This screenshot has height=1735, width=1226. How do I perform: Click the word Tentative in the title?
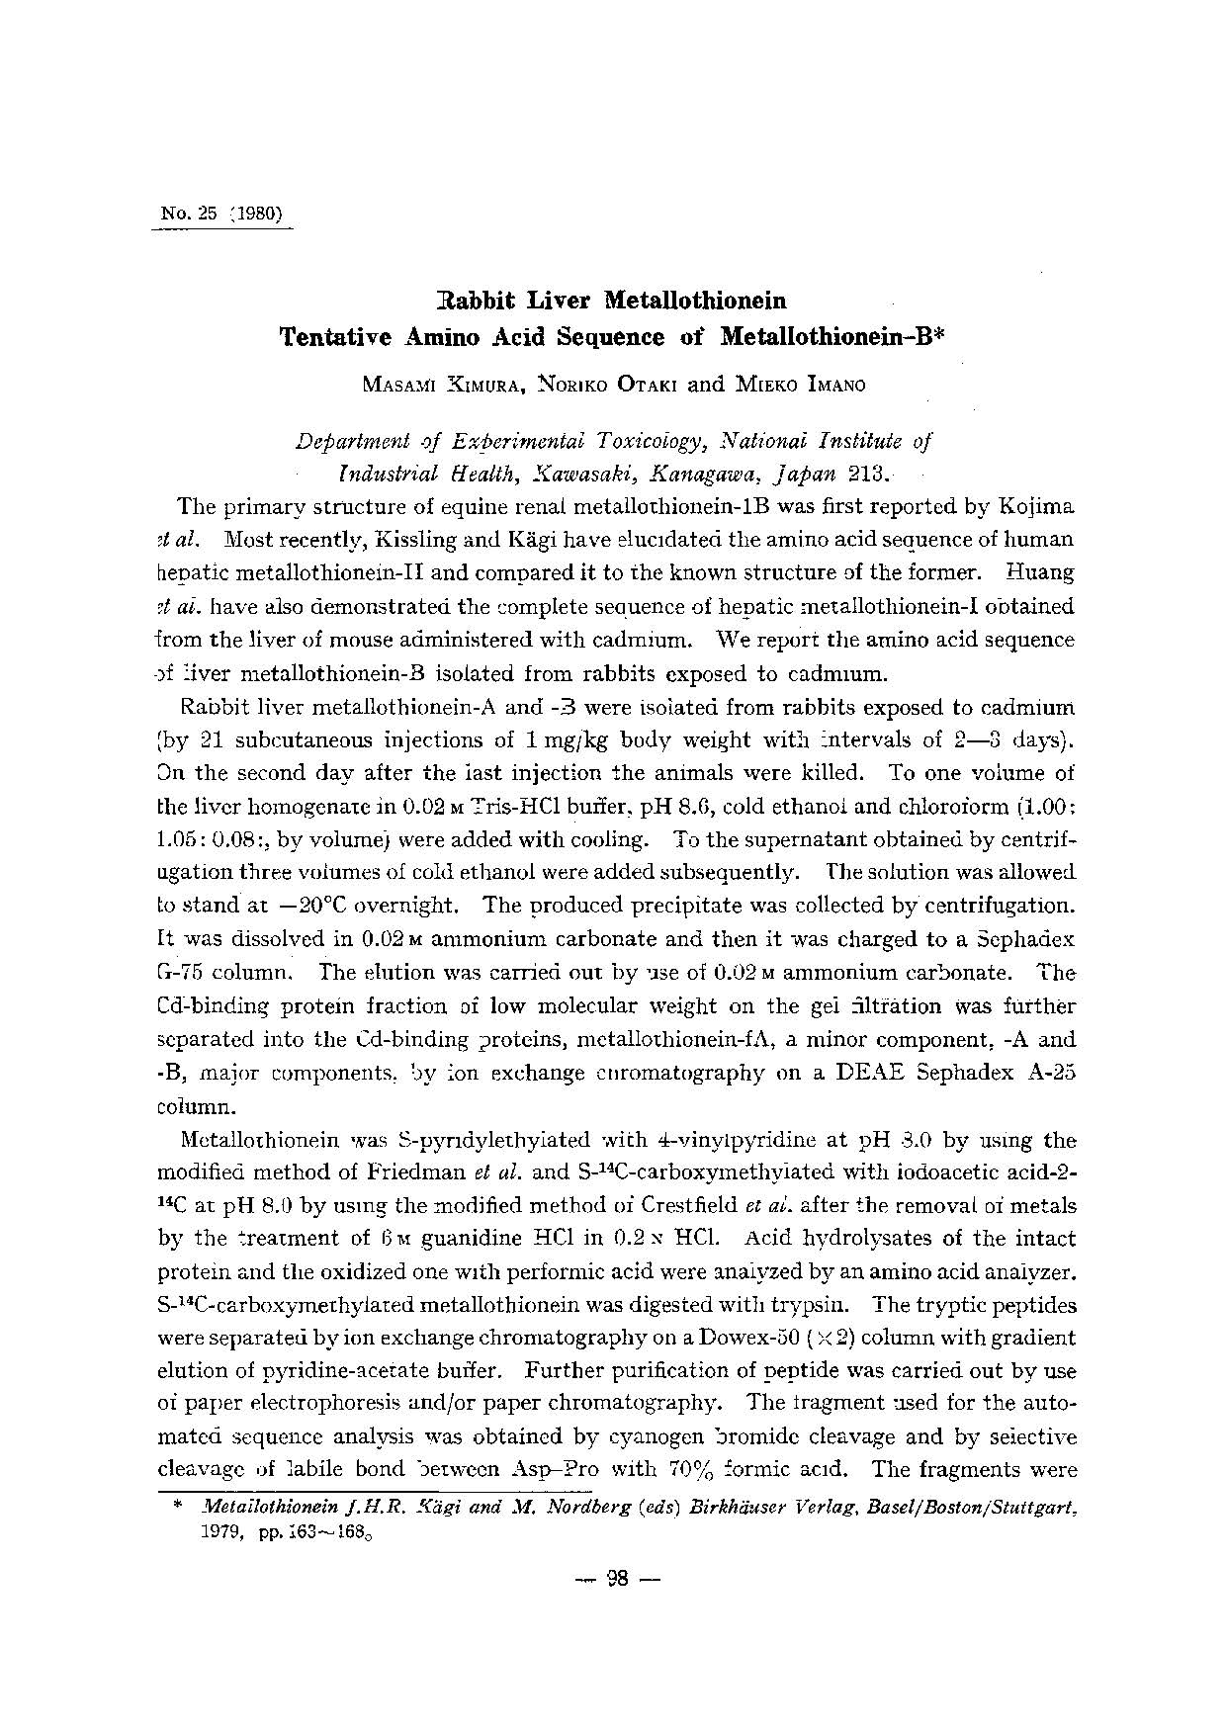click(x=337, y=336)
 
